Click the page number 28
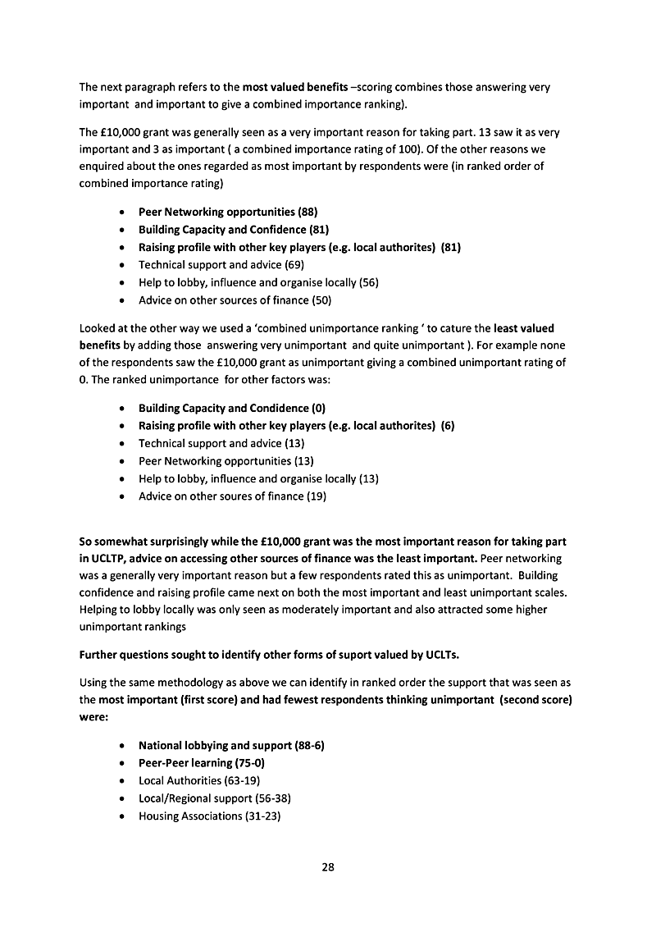[328, 866]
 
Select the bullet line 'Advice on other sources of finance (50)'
[235, 300]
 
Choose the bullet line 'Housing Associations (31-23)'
[210, 816]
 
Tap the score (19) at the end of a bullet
[316, 496]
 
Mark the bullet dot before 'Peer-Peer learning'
[122, 764]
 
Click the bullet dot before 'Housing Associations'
[122, 817]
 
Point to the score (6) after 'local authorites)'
[447, 425]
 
